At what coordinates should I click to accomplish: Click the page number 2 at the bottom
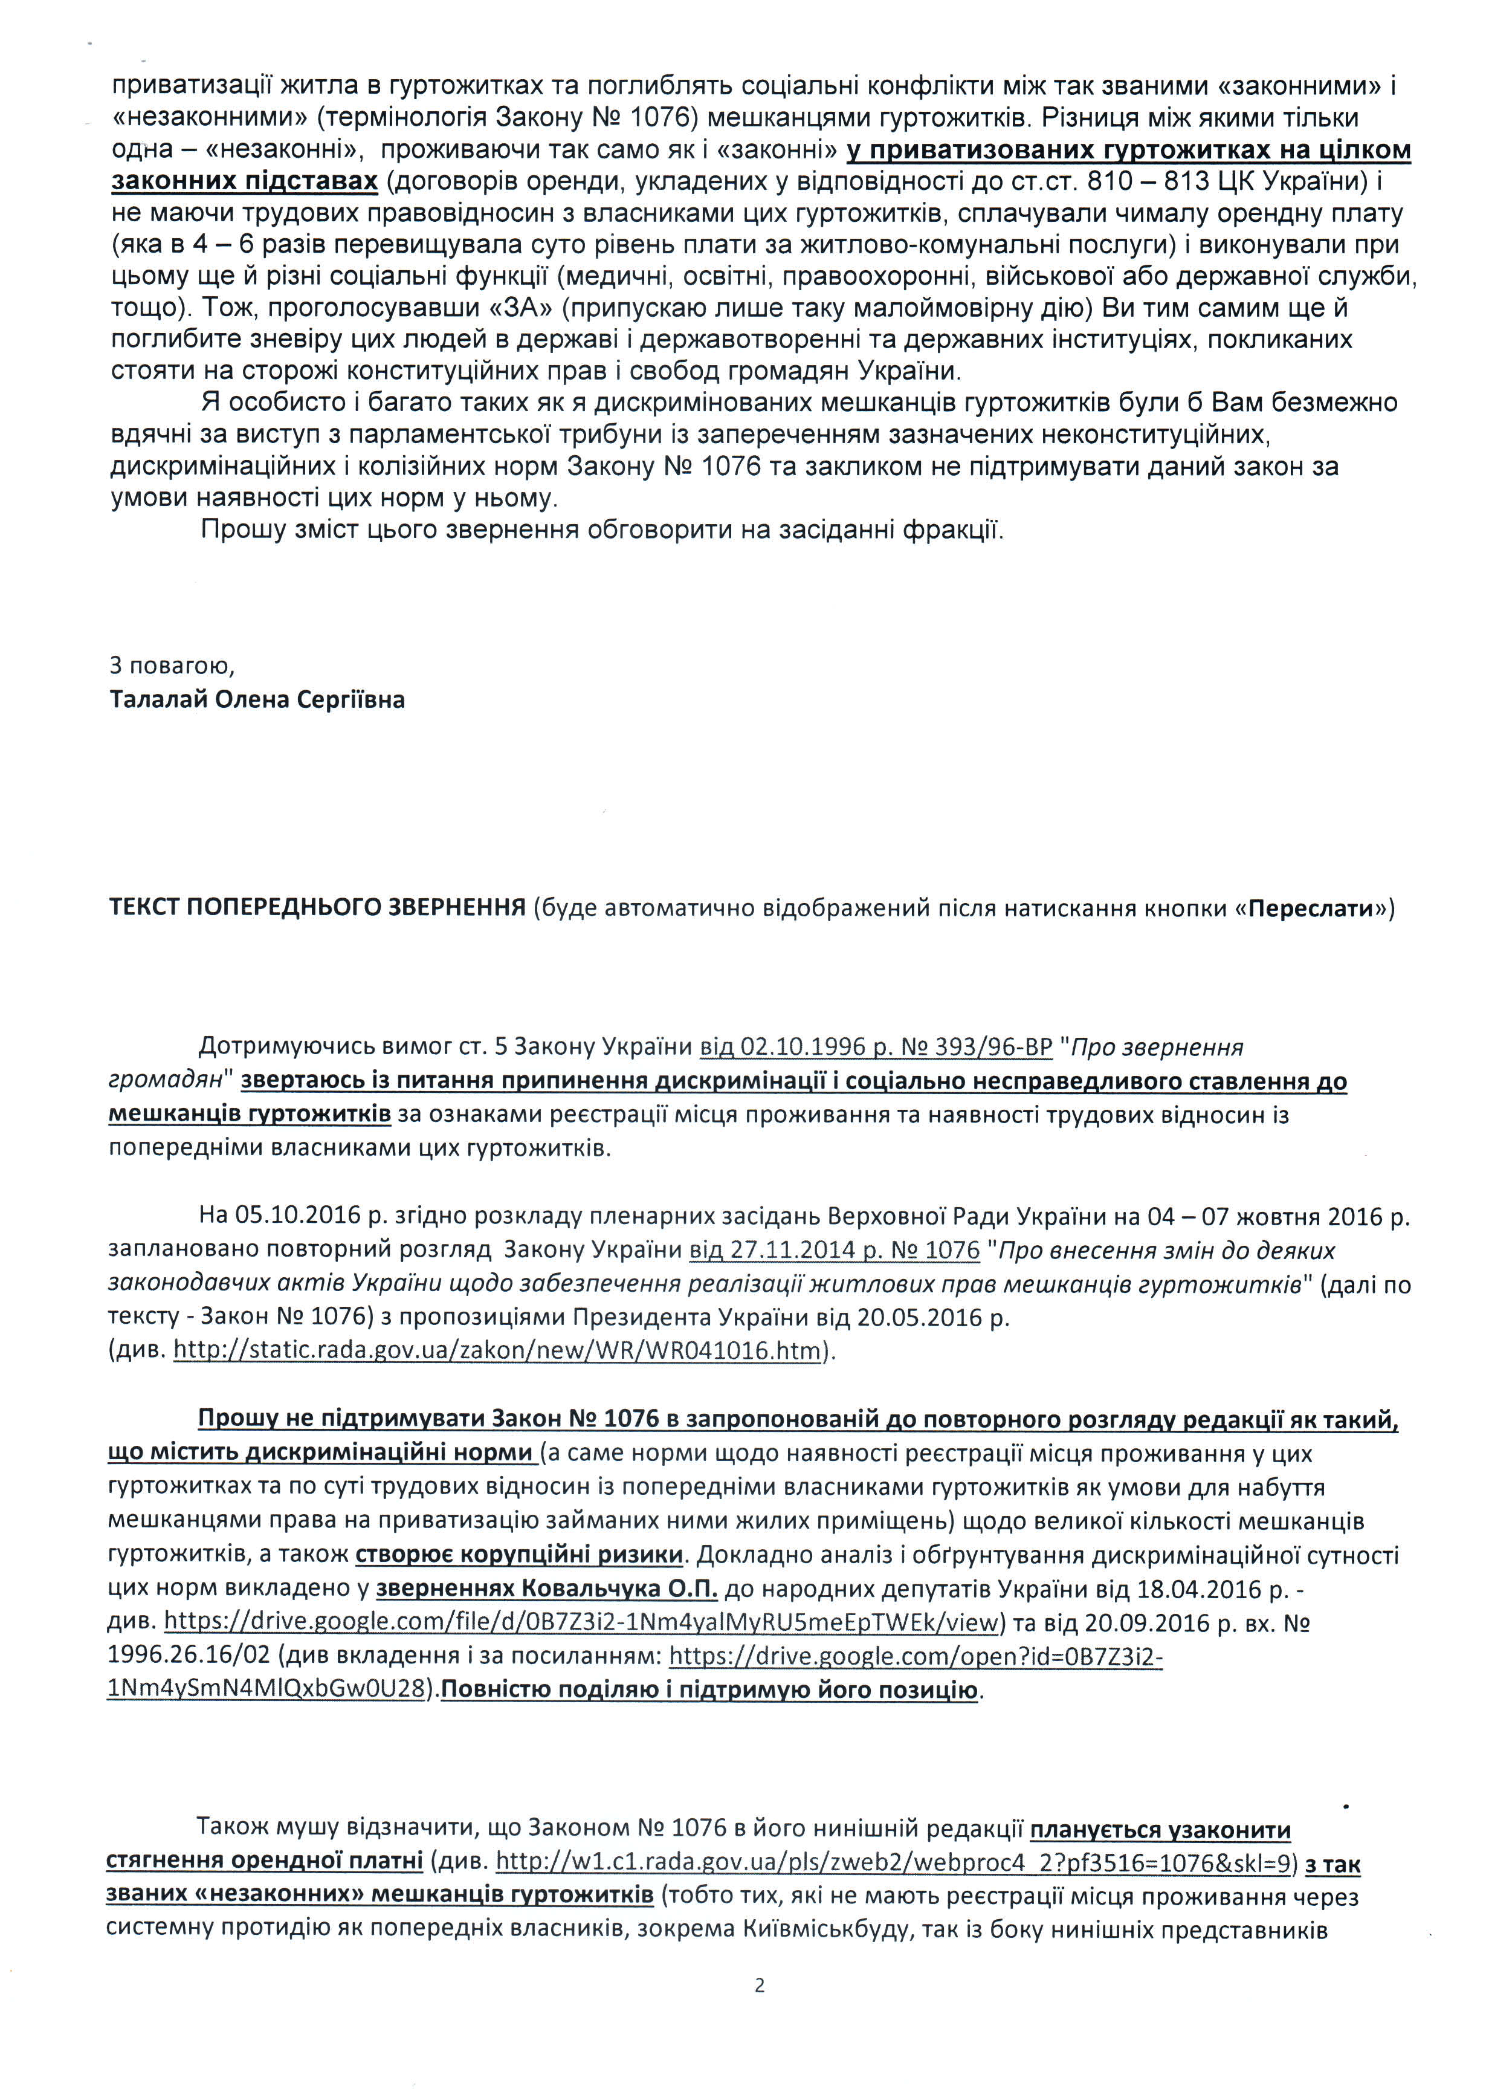(x=759, y=1986)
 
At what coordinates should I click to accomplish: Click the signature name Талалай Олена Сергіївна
(x=257, y=700)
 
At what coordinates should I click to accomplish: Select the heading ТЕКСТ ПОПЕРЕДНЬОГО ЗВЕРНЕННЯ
(x=317, y=908)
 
